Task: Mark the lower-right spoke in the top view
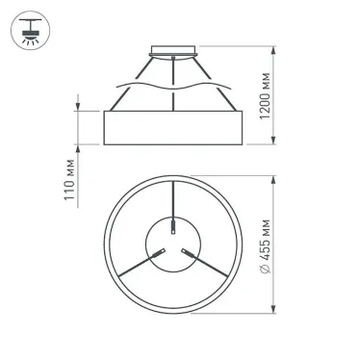(207, 266)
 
